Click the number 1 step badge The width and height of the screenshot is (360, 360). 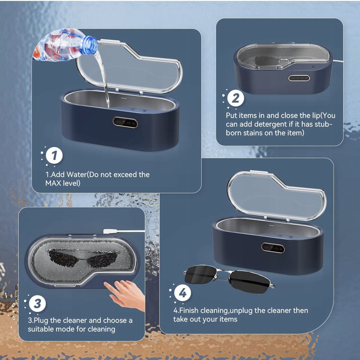click(x=54, y=155)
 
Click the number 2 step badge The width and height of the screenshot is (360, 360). click(x=235, y=98)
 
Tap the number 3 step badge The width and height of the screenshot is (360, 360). click(x=37, y=304)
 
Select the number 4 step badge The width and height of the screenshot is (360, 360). click(x=182, y=293)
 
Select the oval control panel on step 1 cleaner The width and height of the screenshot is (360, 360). click(x=125, y=123)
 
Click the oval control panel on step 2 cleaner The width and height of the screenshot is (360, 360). click(x=299, y=78)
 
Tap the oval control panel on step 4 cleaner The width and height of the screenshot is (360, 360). click(x=273, y=248)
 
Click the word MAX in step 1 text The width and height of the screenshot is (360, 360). click(x=53, y=183)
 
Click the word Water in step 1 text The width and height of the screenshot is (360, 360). click(x=76, y=175)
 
